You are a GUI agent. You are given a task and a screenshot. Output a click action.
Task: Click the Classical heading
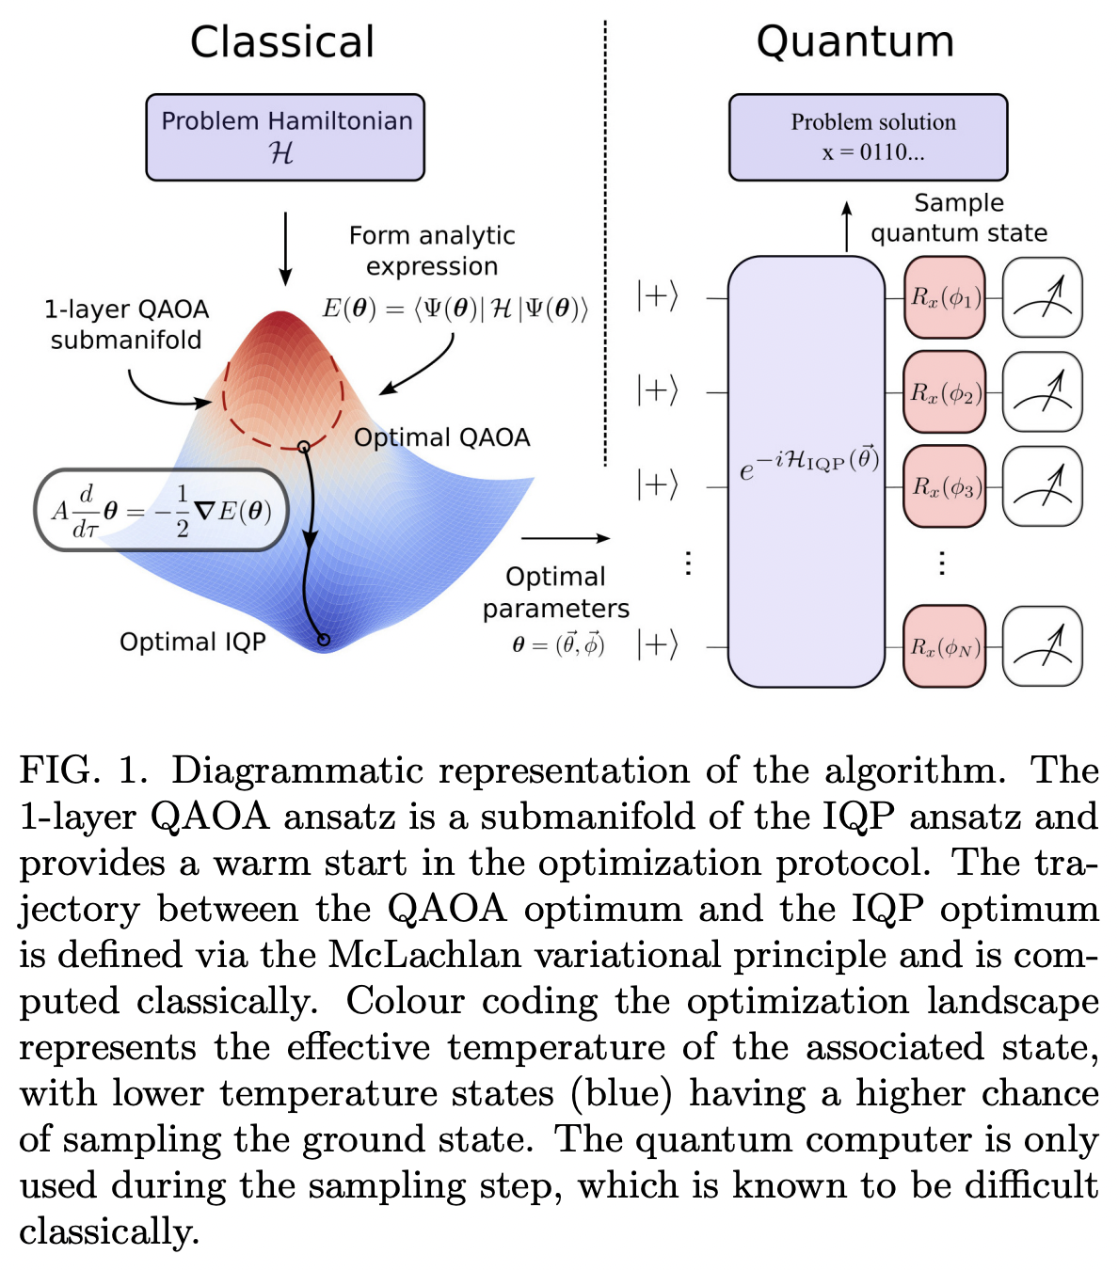pos(282,42)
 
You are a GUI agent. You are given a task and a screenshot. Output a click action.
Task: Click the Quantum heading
pos(854,42)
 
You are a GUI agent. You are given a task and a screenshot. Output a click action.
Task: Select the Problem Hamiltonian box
pos(285,136)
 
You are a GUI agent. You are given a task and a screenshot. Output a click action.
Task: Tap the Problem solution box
pos(868,136)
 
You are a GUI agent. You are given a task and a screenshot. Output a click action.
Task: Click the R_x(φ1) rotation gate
pos(944,298)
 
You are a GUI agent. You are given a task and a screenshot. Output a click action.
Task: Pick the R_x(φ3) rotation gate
pos(944,486)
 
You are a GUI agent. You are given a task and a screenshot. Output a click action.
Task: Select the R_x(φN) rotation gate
pos(944,646)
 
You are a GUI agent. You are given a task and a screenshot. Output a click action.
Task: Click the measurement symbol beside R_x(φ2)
pos(1043,392)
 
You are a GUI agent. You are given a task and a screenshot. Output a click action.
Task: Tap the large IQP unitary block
pos(807,470)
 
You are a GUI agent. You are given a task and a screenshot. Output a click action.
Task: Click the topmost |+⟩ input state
pos(657,296)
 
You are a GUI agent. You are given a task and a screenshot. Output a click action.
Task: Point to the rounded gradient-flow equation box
pos(162,511)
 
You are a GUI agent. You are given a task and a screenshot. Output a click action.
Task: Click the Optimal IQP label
pos(193,642)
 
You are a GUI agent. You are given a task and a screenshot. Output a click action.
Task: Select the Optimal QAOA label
pos(441,437)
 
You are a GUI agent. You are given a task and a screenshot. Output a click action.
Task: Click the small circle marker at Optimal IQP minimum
pos(324,640)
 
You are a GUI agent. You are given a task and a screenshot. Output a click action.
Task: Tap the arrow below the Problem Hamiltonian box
pos(285,248)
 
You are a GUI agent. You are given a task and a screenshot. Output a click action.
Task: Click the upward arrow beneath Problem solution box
pos(846,226)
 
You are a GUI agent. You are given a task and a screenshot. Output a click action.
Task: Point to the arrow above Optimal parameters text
pos(565,538)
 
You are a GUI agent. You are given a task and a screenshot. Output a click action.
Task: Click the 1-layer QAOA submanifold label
pos(126,325)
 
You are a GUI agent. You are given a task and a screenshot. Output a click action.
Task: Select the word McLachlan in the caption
pos(424,955)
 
